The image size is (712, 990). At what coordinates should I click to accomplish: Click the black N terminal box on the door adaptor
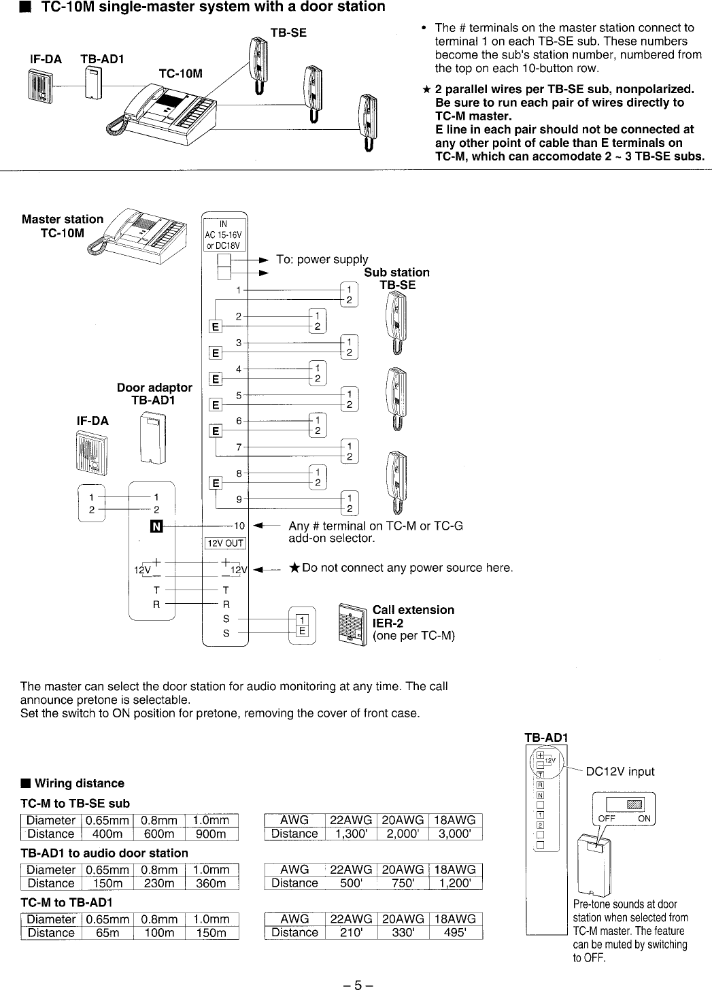(x=155, y=526)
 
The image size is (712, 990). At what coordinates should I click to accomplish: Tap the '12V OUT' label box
(x=225, y=542)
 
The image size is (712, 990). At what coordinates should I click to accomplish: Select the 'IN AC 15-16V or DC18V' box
(x=225, y=235)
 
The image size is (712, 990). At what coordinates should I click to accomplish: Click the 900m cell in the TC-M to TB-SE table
(x=211, y=834)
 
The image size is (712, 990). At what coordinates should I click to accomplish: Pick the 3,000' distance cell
(x=456, y=834)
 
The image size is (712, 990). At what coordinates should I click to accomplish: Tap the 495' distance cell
(x=456, y=932)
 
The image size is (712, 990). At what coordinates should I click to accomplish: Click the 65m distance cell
(x=108, y=933)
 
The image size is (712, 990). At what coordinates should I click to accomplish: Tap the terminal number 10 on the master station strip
(x=239, y=526)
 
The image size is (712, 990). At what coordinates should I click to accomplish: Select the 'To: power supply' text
(x=322, y=259)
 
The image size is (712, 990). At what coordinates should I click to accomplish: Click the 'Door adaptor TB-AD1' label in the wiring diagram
(x=154, y=394)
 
